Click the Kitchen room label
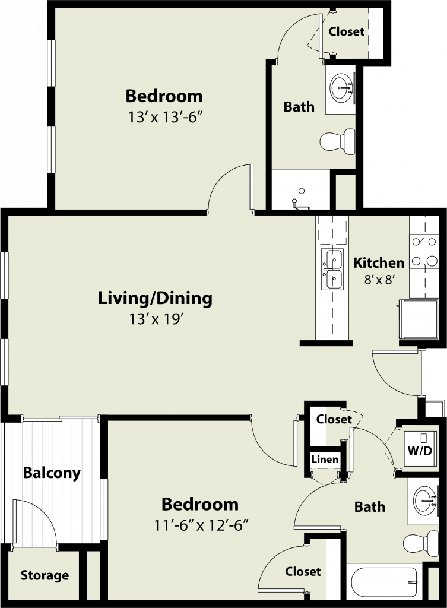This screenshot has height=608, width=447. (x=379, y=263)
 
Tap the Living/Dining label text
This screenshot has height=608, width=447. (x=155, y=299)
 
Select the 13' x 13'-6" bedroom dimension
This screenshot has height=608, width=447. (x=166, y=117)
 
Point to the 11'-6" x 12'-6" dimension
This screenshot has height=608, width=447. (x=201, y=525)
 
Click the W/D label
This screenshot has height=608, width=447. (x=420, y=451)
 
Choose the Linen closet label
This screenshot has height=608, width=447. (x=325, y=460)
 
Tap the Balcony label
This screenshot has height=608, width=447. (x=52, y=473)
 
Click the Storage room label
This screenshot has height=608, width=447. (x=45, y=575)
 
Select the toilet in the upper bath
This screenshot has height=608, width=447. (x=338, y=141)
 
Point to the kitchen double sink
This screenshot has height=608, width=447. (x=332, y=269)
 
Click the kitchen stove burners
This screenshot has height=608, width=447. (x=424, y=252)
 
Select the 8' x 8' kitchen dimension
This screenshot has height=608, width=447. (x=379, y=280)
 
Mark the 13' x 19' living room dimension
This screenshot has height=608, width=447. (x=155, y=319)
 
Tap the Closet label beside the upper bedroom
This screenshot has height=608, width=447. (x=346, y=31)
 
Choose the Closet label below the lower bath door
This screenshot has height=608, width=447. (x=303, y=571)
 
